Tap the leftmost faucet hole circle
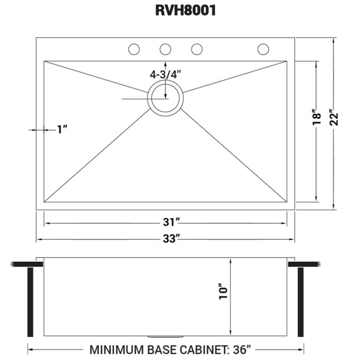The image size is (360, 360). (x=134, y=49)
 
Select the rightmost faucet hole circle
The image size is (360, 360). (x=263, y=49)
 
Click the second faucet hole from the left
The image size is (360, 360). (x=165, y=49)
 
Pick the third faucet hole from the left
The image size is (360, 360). (x=196, y=49)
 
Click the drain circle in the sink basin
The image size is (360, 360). (x=165, y=98)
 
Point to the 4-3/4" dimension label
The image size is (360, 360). (x=166, y=75)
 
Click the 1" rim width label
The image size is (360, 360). (x=63, y=130)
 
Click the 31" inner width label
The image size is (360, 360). (x=165, y=223)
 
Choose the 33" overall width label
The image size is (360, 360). (x=165, y=239)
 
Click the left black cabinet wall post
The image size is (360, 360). (x=30, y=298)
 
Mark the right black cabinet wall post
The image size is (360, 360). (x=301, y=298)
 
